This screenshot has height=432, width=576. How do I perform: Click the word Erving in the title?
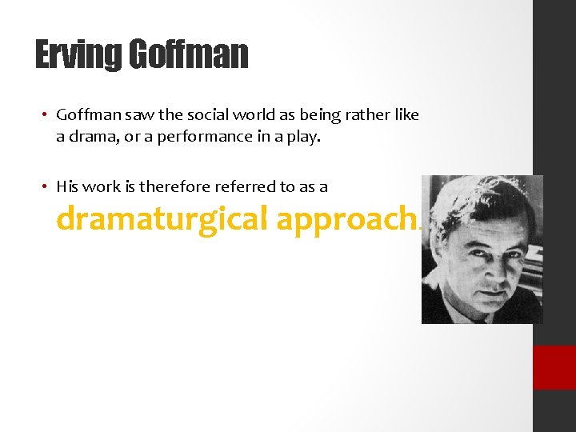click(78, 55)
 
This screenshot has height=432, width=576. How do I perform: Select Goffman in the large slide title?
click(188, 55)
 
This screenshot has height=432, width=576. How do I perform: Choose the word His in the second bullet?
click(67, 186)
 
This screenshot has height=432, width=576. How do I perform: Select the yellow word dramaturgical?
click(162, 219)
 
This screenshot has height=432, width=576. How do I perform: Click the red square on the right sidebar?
click(554, 367)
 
